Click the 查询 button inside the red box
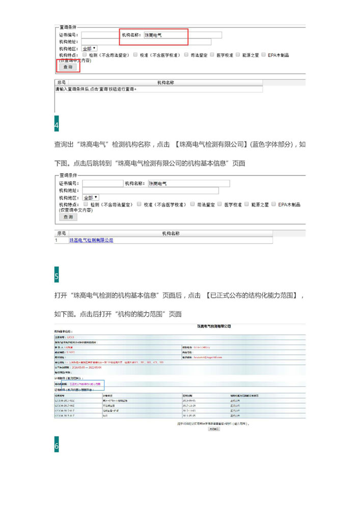click(67, 67)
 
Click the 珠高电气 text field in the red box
click(183, 35)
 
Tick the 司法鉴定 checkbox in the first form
click(187, 54)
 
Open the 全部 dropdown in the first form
click(90, 48)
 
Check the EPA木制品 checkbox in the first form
click(263, 54)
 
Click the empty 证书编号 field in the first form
click(100, 35)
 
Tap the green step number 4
click(57, 125)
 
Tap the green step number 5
click(57, 277)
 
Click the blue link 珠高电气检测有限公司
click(91, 240)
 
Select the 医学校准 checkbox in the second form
click(219, 204)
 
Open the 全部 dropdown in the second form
click(91, 197)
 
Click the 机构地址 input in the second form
click(150, 190)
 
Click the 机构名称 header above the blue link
click(171, 233)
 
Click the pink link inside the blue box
click(85, 384)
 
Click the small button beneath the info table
click(214, 429)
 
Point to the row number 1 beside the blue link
click(57, 240)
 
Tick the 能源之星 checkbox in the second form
click(246, 204)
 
